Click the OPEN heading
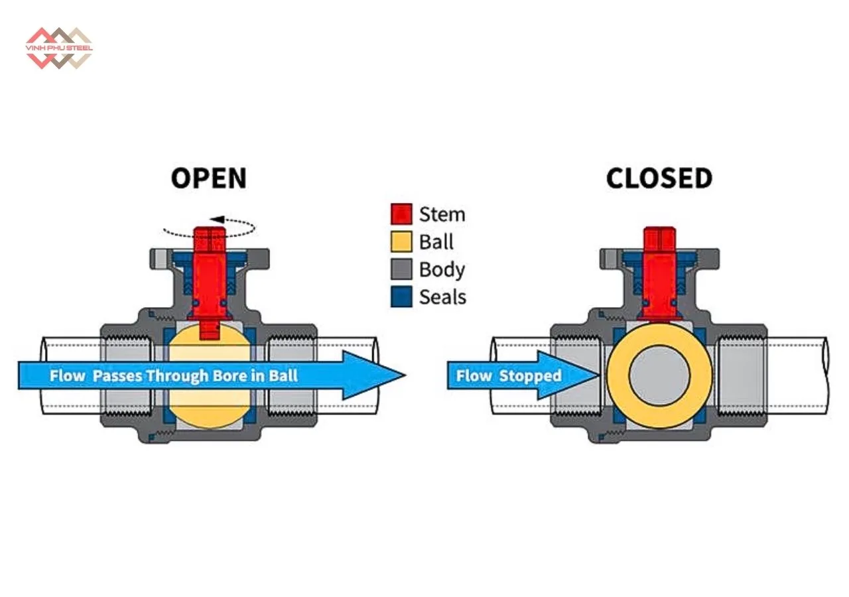coord(208,178)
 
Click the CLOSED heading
coord(659,178)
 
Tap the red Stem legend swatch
coord(401,214)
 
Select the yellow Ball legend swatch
coord(401,242)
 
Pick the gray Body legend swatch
coord(401,270)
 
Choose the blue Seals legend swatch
coord(401,297)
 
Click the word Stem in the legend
coord(442,214)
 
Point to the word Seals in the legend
coord(442,297)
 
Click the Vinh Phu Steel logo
coord(59,48)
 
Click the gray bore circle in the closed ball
coord(659,377)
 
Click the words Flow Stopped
coord(508,376)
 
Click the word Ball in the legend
coord(436,242)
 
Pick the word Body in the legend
coord(442,270)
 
